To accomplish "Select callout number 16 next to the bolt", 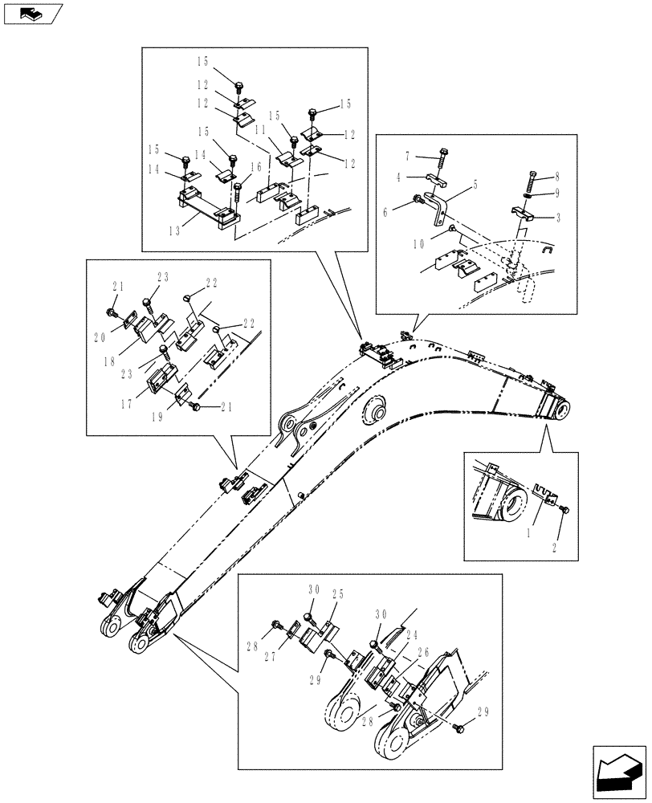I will click(256, 167).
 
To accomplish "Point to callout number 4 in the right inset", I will click(407, 176).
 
